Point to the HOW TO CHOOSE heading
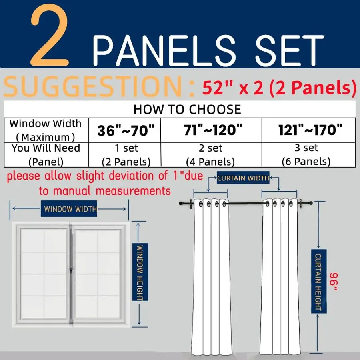pos(187,109)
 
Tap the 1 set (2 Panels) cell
pos(126,154)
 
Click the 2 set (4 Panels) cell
pos(210,154)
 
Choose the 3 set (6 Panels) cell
pos(306,154)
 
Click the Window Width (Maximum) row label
pos(45,130)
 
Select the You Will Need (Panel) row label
pos(45,154)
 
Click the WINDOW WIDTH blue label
pos(70,208)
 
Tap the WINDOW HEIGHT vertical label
pos(140,272)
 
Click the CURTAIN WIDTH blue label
pos(243,178)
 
